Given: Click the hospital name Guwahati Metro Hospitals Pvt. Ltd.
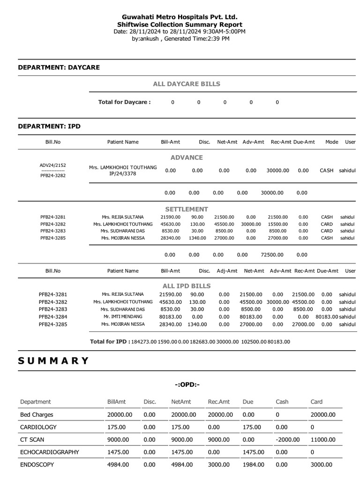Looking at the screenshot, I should [x=180, y=17].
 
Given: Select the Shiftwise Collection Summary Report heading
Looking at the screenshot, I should [x=180, y=24].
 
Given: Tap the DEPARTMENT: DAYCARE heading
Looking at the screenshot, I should [x=59, y=67].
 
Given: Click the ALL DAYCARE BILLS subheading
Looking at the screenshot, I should [x=187, y=84].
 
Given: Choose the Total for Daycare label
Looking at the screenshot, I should [x=124, y=102].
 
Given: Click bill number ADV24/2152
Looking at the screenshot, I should [x=52, y=165].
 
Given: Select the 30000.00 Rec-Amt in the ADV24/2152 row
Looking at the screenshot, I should [x=278, y=171].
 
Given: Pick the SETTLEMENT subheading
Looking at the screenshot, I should [x=187, y=209].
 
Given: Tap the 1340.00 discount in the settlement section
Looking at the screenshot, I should [x=197, y=238].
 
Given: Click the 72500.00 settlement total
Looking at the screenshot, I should [x=272, y=255].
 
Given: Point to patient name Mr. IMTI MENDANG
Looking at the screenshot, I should [x=123, y=317].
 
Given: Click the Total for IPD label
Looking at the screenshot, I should [x=110, y=342].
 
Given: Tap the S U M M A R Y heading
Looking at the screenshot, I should [x=53, y=360].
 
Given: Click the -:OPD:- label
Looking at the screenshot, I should [x=187, y=385].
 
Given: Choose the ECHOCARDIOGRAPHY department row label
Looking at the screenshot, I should [x=49, y=452].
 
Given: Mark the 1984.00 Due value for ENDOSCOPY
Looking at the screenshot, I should [x=254, y=465].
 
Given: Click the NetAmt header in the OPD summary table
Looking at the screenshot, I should [x=181, y=402].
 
